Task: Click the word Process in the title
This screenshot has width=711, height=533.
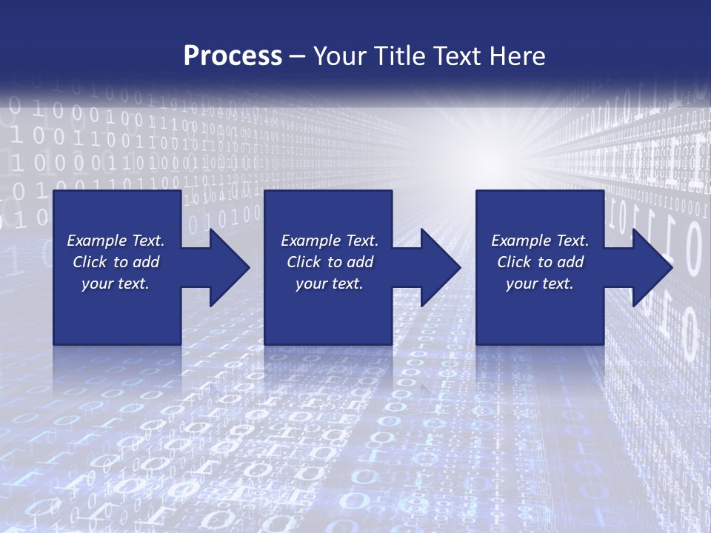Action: point(233,56)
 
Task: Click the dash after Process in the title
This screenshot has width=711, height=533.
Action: point(298,56)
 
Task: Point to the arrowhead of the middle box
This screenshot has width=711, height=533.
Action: point(440,267)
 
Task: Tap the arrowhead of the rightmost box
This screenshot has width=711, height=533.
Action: point(652,267)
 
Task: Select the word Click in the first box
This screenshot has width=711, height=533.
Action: point(90,262)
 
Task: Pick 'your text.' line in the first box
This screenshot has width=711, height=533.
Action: point(116,284)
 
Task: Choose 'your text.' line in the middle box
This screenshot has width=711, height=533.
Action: point(329,284)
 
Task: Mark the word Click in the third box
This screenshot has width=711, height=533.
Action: point(515,262)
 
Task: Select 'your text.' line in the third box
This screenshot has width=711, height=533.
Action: point(539,284)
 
